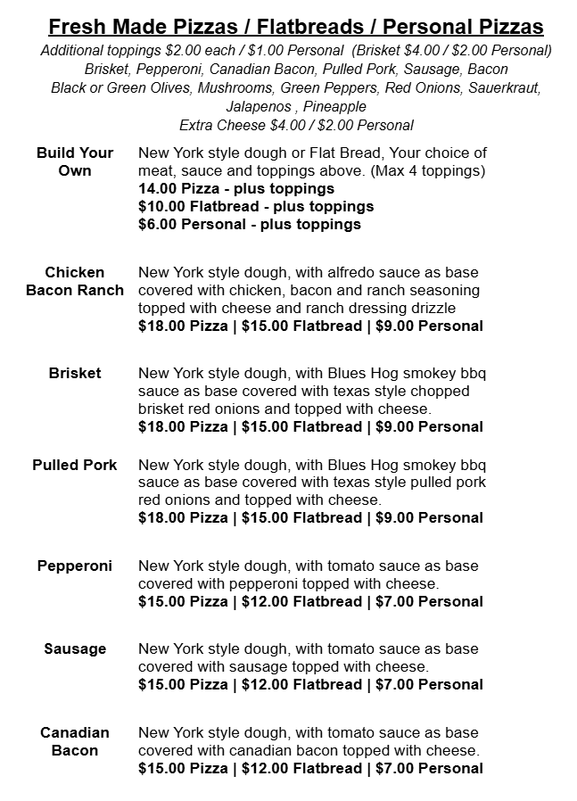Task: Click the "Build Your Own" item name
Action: click(75, 161)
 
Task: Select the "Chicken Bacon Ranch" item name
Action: click(75, 281)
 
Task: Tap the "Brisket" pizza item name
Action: click(75, 373)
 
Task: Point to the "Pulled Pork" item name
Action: click(75, 465)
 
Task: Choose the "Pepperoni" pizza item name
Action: click(75, 566)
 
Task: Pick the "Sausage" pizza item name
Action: click(75, 648)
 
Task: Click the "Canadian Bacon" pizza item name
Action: click(75, 741)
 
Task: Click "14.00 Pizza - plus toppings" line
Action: click(236, 188)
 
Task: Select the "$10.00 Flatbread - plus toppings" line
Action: click(256, 206)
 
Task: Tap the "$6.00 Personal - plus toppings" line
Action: click(250, 224)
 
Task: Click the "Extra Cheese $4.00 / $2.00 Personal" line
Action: click(296, 126)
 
